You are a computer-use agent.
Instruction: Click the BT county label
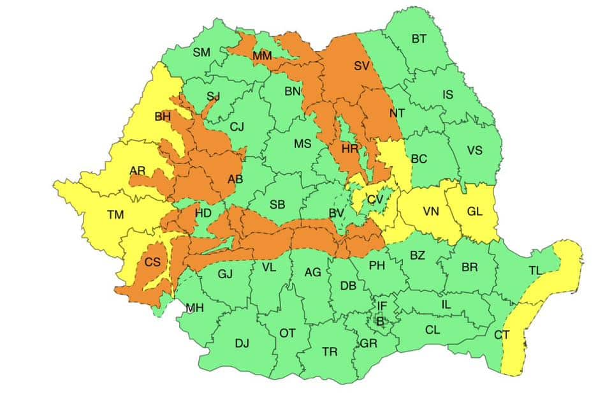pyautogui.click(x=419, y=39)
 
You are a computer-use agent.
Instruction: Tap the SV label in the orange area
pyautogui.click(x=361, y=65)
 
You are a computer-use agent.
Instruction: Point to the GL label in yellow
pyautogui.click(x=474, y=211)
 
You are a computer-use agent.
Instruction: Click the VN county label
pyautogui.click(x=431, y=211)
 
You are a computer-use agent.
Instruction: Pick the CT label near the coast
pyautogui.click(x=502, y=334)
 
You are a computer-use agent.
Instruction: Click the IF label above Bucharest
pyautogui.click(x=382, y=306)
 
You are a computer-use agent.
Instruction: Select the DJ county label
pyautogui.click(x=242, y=343)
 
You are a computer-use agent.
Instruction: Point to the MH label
pyautogui.click(x=194, y=308)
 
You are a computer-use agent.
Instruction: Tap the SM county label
pyautogui.click(x=201, y=52)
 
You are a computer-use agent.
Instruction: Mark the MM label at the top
pyautogui.click(x=262, y=56)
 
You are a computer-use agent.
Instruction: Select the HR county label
pyautogui.click(x=350, y=149)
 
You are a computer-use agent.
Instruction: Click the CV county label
pyautogui.click(x=375, y=200)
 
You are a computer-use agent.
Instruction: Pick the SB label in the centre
pyautogui.click(x=277, y=205)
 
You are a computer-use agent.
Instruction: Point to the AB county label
pyautogui.click(x=235, y=179)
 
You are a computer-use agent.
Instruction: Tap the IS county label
pyautogui.click(x=448, y=95)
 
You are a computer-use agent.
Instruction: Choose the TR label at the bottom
pyautogui.click(x=330, y=352)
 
